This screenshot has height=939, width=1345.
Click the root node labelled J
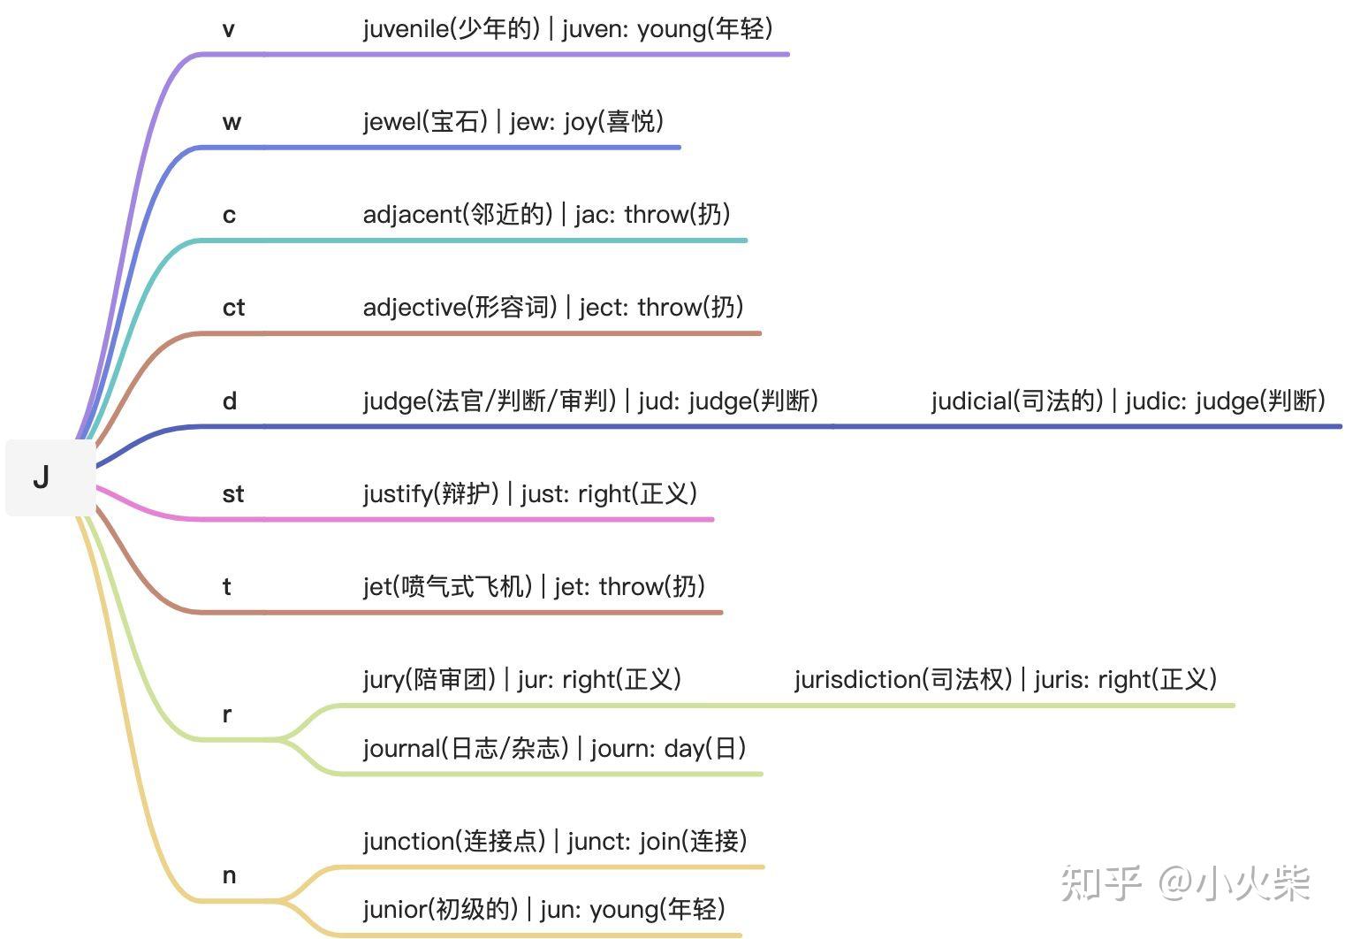click(42, 477)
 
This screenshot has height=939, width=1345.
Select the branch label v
click(229, 30)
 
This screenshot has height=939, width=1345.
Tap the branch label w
click(232, 122)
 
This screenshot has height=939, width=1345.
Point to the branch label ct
click(233, 308)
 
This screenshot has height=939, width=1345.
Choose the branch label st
click(232, 494)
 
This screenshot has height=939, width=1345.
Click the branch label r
click(227, 714)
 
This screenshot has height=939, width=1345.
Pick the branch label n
click(229, 876)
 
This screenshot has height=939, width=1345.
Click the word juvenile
click(406, 29)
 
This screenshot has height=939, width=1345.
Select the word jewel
click(391, 122)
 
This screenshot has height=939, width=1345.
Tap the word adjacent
click(412, 215)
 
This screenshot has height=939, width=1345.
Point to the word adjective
click(414, 308)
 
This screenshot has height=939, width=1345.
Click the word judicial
click(970, 401)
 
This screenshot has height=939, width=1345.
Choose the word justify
click(398, 494)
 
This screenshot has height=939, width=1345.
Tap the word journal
click(401, 749)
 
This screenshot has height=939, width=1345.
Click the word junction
click(407, 841)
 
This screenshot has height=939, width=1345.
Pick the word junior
click(394, 909)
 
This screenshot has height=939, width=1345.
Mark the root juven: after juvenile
click(594, 29)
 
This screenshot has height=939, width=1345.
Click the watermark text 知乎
click(1101, 883)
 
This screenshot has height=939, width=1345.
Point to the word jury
click(383, 680)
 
